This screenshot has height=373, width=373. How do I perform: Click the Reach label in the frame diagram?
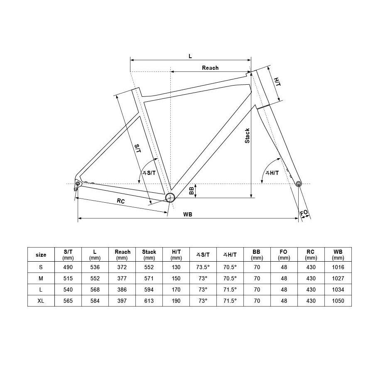coord(210,68)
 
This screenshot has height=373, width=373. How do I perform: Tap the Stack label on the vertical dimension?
coord(248,135)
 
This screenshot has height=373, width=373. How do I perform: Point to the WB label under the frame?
coord(188,214)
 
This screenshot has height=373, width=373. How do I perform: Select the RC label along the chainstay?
coord(121,201)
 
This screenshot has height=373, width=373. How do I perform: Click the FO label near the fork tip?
coord(304,213)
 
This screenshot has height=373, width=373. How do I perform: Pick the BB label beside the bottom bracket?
coord(191,191)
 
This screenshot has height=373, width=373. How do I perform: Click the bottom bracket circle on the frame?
coord(170,197)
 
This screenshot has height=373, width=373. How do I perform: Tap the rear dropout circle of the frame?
coord(78,184)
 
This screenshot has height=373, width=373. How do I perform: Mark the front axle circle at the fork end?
coord(299,184)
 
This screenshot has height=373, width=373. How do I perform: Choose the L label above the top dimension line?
coord(190,56)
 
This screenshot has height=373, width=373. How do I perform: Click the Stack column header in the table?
coord(149,255)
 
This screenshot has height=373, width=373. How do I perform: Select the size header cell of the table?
coord(41,255)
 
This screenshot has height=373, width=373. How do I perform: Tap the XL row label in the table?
coord(41,301)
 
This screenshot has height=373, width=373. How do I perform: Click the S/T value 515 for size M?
coord(68,278)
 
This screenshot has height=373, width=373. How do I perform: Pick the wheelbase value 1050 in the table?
coord(338,301)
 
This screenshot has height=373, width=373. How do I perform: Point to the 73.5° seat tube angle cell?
coord(203,267)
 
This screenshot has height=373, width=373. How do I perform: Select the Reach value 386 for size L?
coord(122,290)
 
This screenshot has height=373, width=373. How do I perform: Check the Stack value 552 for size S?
coord(149,267)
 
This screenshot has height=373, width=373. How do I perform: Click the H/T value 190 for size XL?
coord(176,301)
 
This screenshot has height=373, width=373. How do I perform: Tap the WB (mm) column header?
coord(338,255)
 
